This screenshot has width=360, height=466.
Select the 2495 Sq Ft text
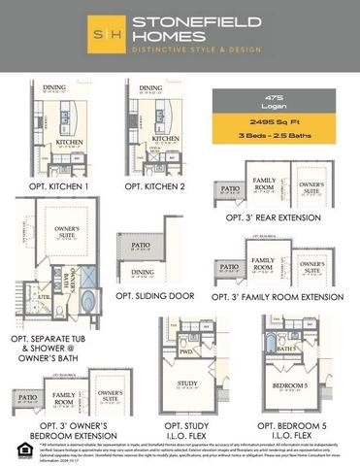(273, 121)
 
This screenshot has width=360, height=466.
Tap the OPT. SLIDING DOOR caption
(155, 295)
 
